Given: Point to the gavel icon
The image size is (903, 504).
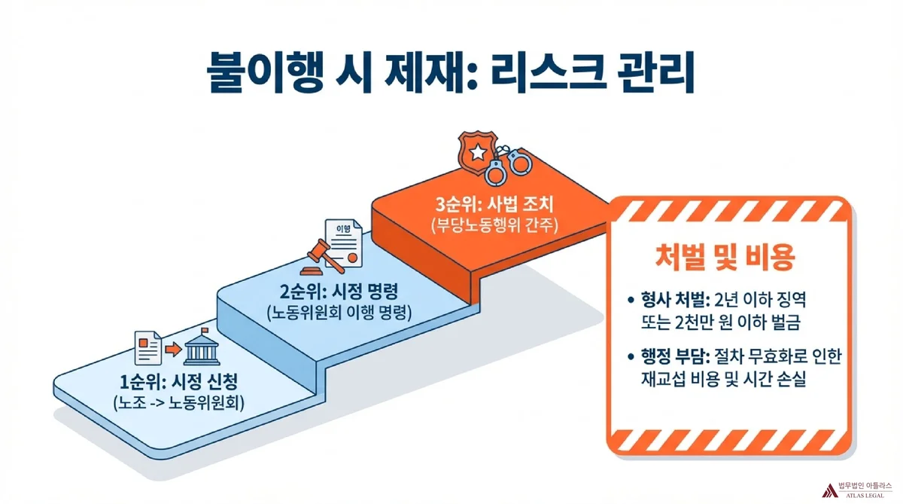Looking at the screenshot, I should (x=318, y=257).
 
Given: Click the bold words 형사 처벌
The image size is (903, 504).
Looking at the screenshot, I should (x=670, y=301).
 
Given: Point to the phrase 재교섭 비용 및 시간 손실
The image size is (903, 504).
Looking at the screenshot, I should (x=720, y=380).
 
